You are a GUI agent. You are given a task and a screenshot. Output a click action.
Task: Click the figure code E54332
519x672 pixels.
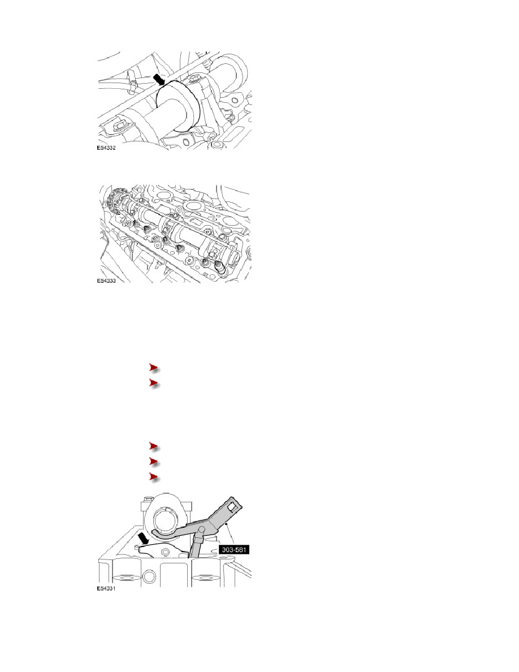[106, 148]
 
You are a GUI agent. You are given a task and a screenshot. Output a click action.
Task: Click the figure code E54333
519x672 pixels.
[106, 281]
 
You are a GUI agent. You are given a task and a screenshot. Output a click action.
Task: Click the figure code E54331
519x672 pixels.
[106, 589]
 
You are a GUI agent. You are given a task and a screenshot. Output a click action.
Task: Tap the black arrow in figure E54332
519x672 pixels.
[159, 79]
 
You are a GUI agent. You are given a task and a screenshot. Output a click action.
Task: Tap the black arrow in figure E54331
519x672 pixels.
[144, 539]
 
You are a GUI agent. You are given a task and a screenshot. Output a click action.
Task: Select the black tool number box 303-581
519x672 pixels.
[234, 549]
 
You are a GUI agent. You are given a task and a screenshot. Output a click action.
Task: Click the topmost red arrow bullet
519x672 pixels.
[154, 368]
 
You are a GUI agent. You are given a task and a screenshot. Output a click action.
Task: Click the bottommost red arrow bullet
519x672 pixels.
[154, 477]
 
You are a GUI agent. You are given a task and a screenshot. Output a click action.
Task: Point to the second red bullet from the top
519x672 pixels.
[154, 383]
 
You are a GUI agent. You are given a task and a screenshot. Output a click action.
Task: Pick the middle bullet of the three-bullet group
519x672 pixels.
[154, 462]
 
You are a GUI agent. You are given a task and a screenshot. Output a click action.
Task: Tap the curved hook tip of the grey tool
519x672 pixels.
[154, 532]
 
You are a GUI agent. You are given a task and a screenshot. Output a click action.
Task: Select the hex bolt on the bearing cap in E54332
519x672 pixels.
[197, 79]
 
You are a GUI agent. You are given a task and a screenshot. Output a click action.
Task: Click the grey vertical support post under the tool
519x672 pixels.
[196, 544]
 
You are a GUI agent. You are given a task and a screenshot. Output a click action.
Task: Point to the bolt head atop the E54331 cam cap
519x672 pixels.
[148, 499]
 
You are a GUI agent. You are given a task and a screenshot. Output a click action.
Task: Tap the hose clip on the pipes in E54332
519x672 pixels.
[132, 78]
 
